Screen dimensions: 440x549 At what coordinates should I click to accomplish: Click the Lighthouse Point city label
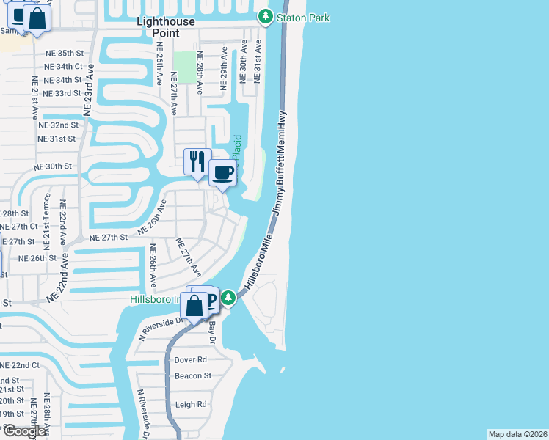coord(167,27)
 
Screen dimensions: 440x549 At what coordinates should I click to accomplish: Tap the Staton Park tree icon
coord(265,16)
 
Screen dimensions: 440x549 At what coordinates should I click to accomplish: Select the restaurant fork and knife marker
coord(197,162)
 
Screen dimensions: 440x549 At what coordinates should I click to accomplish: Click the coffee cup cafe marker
coord(223,175)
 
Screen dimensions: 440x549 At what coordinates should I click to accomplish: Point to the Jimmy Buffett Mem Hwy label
coord(280,162)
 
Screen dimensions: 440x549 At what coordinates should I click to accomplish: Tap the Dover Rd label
coord(191,360)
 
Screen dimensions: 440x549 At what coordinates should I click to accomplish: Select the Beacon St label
coord(192,376)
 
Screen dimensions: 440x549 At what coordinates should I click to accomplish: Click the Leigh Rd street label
coord(191,404)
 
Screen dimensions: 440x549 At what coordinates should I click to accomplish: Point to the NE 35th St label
coord(65,53)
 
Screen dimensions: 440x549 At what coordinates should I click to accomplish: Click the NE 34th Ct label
coord(64,67)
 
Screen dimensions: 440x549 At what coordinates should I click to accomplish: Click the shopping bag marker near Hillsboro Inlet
coord(194,306)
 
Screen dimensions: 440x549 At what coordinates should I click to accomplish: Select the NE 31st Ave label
coord(258,62)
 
